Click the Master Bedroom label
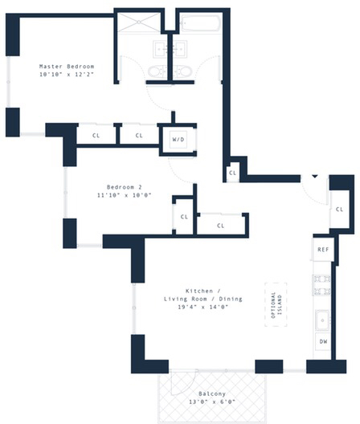(x=66, y=66)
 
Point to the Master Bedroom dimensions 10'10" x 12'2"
(x=66, y=74)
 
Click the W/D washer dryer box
(x=178, y=139)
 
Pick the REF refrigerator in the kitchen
(x=323, y=250)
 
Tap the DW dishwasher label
(x=323, y=341)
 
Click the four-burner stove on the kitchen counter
(x=323, y=283)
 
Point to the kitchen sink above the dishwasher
(x=323, y=319)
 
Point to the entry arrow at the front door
(x=315, y=177)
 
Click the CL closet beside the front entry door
(x=339, y=209)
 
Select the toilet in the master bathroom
(x=156, y=75)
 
